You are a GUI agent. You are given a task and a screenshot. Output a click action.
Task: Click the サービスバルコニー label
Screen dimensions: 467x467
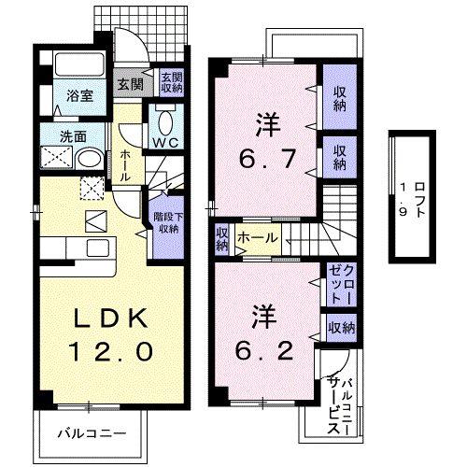(338, 400)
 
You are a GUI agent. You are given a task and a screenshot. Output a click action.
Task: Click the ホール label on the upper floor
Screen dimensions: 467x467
(256, 239)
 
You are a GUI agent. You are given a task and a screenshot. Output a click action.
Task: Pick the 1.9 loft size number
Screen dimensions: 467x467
(403, 200)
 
